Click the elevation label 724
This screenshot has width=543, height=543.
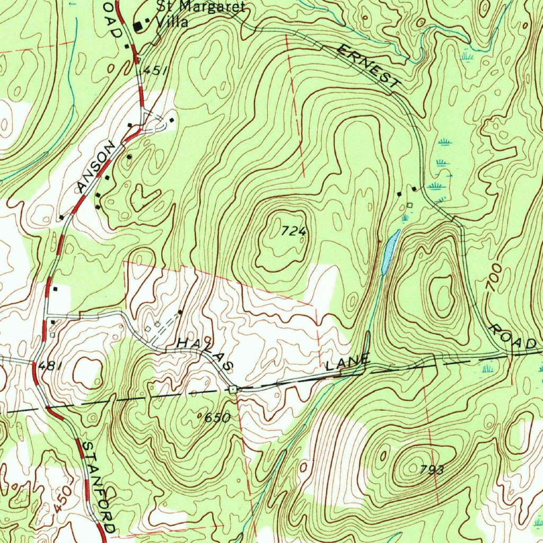coord(294,231)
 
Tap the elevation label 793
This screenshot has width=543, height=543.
coord(431,470)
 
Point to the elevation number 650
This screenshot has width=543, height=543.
coord(217,418)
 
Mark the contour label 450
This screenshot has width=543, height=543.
coord(62,500)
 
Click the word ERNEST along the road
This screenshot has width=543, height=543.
coord(369,66)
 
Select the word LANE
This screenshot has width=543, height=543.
coord(347,364)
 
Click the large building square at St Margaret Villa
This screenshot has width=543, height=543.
coord(139,25)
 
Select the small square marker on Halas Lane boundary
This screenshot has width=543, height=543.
coord(233,389)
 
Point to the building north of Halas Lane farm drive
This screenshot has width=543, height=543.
coord(181,312)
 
